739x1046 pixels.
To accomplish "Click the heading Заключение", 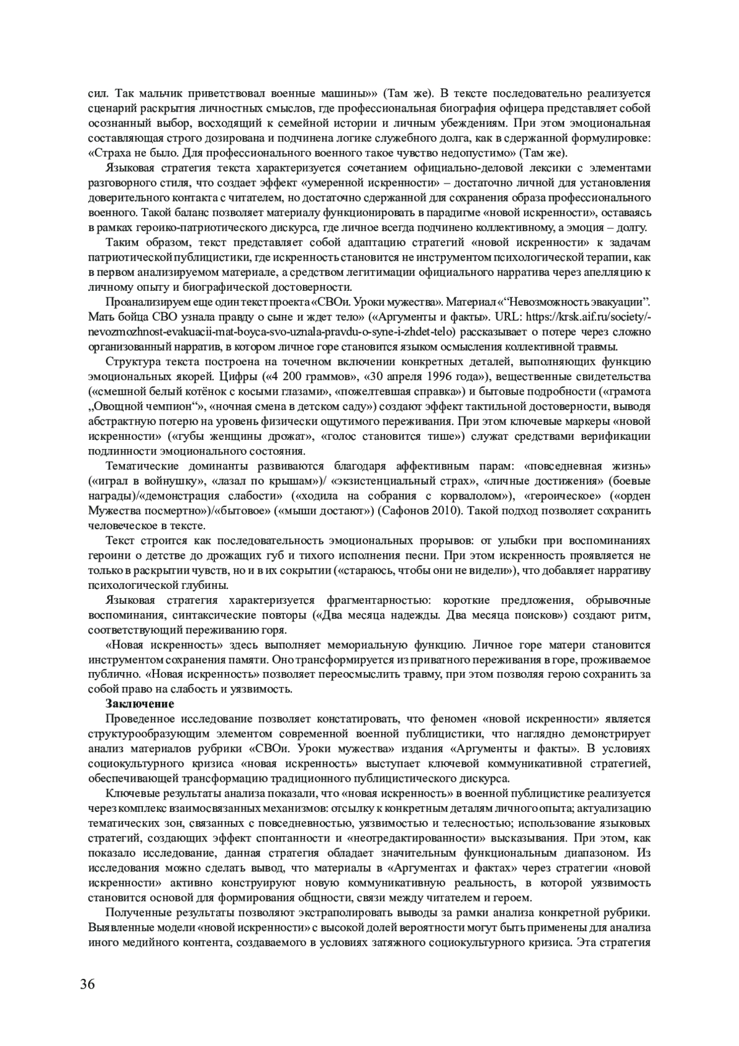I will (140, 703).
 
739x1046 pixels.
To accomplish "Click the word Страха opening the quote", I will (114, 153).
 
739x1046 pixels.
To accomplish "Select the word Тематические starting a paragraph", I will (142, 466).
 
